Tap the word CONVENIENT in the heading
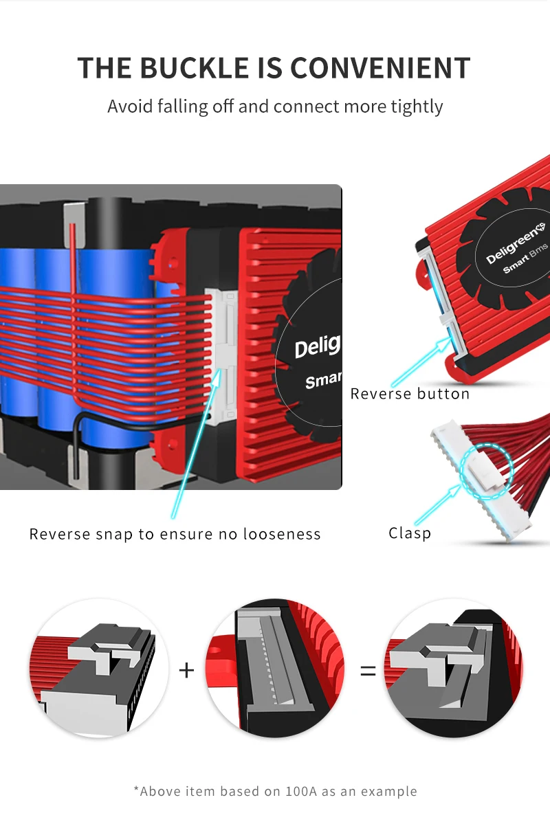(x=379, y=69)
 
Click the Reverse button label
(x=410, y=394)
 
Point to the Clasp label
(x=410, y=533)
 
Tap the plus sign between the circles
(x=186, y=669)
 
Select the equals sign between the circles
(x=368, y=669)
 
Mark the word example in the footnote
(x=389, y=791)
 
